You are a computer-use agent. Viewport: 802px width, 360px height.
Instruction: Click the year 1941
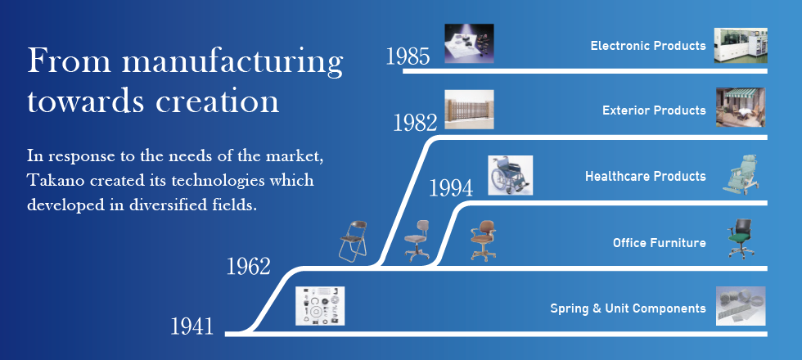pos(191,326)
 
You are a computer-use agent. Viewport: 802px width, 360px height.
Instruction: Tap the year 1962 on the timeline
pos(248,267)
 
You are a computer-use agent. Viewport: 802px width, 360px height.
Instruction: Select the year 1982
pos(416,123)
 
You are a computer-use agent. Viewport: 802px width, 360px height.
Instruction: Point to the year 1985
pos(408,56)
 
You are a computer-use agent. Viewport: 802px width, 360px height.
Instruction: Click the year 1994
pos(451,188)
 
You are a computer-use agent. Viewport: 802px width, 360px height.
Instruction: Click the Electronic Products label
pos(648,46)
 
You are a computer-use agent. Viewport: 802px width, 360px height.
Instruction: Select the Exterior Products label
pos(654,110)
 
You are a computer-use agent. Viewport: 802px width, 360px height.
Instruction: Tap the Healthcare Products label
pos(646,177)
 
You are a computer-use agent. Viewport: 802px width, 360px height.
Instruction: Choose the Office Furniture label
pos(660,243)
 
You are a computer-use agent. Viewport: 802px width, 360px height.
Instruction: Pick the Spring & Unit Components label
pos(629,308)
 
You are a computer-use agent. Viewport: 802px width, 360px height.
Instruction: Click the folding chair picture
pos(354,241)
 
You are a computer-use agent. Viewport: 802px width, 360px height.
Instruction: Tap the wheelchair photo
pos(510,175)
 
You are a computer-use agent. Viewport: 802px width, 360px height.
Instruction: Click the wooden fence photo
pos(469,110)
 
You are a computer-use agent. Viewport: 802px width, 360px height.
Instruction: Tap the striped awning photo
pos(741,107)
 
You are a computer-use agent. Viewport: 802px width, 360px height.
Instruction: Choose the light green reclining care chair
pos(740,175)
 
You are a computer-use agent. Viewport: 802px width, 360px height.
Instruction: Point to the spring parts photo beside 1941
pos(320,306)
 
